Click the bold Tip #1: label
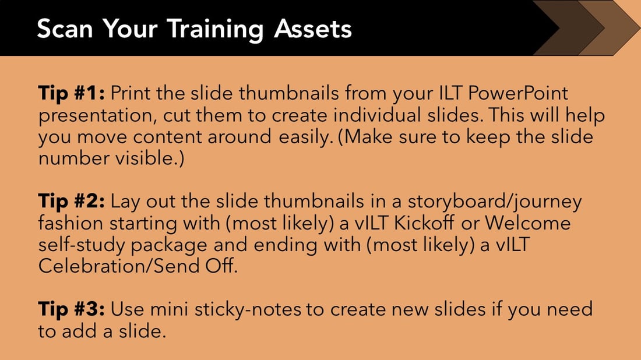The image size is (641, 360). pyautogui.click(x=71, y=93)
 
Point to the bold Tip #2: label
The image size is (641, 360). pyautogui.click(x=71, y=202)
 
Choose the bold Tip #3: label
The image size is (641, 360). pyautogui.click(x=71, y=310)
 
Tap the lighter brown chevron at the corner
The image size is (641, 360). pyautogui.click(x=615, y=28)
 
